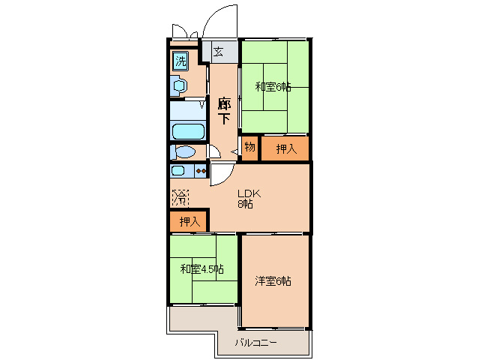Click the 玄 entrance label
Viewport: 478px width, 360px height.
[218, 52]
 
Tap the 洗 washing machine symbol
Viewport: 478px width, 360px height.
[181, 61]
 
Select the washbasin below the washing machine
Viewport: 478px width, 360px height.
[179, 85]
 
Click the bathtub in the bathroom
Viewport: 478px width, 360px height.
[187, 131]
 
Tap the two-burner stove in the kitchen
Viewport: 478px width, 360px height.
[200, 171]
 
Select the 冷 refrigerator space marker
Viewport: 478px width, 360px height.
[181, 199]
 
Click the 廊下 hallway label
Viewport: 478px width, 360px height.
[223, 110]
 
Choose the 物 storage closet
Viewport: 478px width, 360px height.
[249, 148]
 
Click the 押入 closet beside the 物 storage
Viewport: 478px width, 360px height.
[285, 148]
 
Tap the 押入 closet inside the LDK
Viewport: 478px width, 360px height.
[189, 221]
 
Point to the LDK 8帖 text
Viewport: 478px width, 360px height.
[248, 196]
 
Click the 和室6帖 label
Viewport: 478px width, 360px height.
[273, 86]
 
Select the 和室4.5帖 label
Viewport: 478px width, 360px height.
[200, 268]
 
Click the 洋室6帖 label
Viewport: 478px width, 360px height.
[273, 280]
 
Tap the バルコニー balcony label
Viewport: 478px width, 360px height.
[255, 343]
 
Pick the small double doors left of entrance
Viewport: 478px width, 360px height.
[184, 33]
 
